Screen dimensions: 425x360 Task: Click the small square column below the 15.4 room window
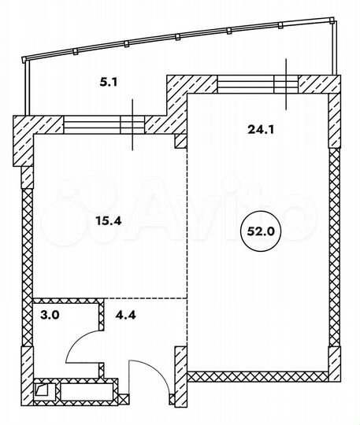(x=180, y=140)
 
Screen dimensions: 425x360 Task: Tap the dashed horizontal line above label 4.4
(x=146, y=298)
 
